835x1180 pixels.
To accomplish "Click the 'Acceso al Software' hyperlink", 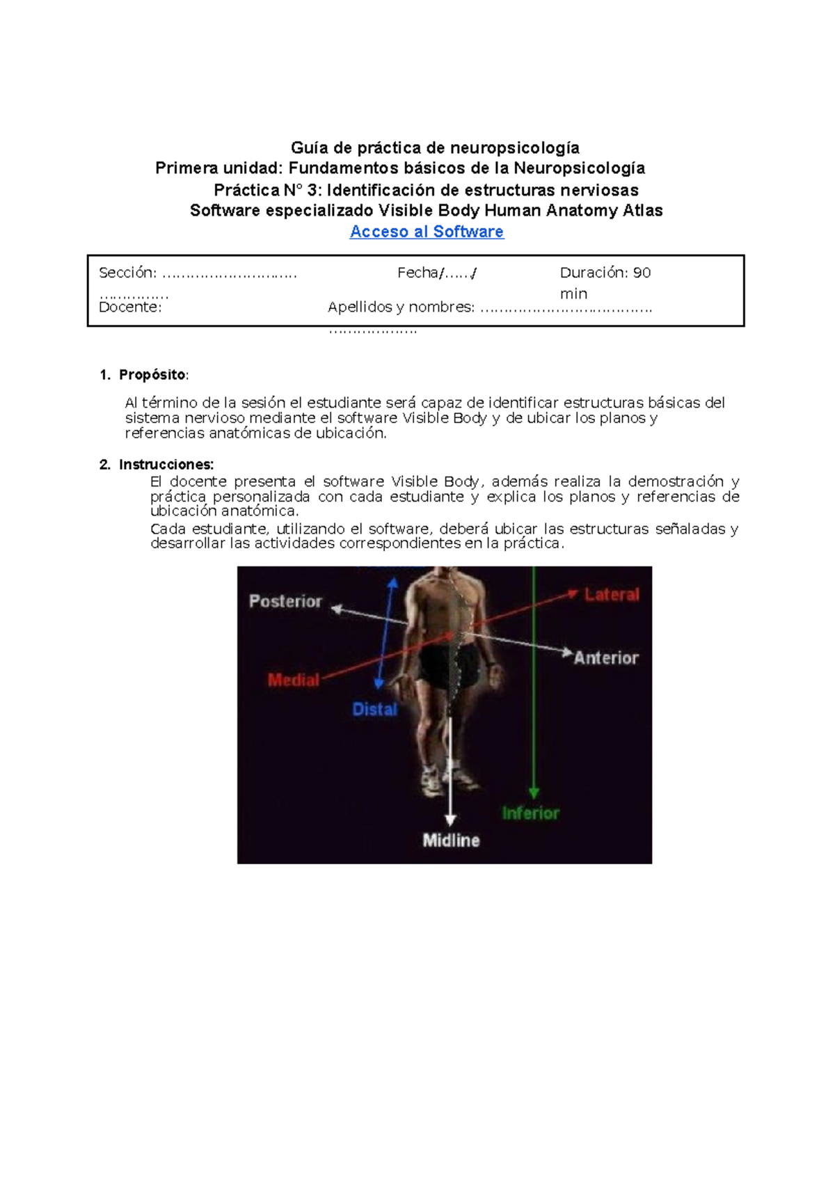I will click(x=427, y=232).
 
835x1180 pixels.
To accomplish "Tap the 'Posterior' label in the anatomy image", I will click(x=285, y=601).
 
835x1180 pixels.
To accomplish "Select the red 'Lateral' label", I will click(x=612, y=594).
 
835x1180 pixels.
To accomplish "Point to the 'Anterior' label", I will click(x=606, y=657).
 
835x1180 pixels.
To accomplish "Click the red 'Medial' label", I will click(x=294, y=680).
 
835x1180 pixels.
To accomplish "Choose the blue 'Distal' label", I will click(x=374, y=709).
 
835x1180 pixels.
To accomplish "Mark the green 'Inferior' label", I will click(x=530, y=813).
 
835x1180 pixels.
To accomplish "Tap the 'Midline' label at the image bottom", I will click(x=451, y=840).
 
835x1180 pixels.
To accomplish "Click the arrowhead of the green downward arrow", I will click(x=534, y=792).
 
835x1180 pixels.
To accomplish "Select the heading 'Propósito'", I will click(x=152, y=375).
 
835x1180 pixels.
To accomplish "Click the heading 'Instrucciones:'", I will click(x=166, y=465).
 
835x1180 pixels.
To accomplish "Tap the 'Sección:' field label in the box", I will click(x=127, y=273).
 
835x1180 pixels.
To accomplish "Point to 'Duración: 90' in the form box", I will click(x=605, y=273).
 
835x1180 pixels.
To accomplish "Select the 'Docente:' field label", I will click(x=130, y=308).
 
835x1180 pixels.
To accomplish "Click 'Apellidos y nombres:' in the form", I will click(x=401, y=308).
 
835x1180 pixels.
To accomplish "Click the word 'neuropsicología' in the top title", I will click(x=514, y=147).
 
